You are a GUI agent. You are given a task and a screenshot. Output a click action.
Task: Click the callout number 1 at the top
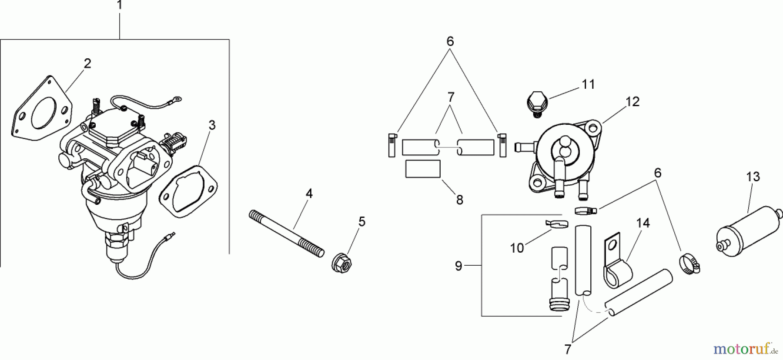pos(120,6)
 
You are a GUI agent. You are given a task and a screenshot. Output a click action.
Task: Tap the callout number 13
pos(753,177)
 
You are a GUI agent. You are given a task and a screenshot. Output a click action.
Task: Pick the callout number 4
pos(309,193)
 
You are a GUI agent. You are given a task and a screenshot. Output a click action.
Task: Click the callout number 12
pos(632,102)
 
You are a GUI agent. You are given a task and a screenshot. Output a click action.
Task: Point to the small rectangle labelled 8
pos(423,169)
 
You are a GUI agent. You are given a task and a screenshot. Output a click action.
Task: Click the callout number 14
pos(642,223)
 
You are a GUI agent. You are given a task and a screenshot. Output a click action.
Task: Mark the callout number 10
pos(517,248)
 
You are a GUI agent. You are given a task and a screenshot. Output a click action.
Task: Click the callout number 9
pos(458,266)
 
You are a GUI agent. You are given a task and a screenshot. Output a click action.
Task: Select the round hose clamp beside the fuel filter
pos(689,264)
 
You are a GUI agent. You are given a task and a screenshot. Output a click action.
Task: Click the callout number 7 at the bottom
pos(567,349)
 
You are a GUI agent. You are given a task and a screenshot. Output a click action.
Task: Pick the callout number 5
pos(361,222)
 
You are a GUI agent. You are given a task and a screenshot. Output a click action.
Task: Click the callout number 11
pos(588,84)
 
